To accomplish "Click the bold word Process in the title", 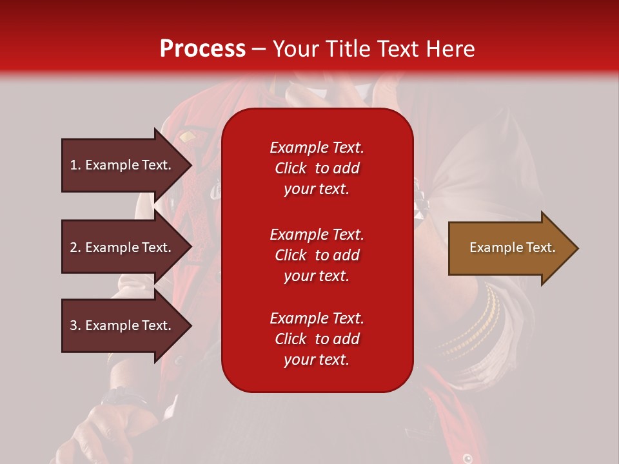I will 202,49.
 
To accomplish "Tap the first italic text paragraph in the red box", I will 317,168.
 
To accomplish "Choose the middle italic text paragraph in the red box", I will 317,255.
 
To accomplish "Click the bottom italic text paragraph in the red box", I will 317,339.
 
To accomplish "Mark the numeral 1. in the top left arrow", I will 75,165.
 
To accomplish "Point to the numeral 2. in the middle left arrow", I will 75,247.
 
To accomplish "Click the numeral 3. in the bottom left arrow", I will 75,325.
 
